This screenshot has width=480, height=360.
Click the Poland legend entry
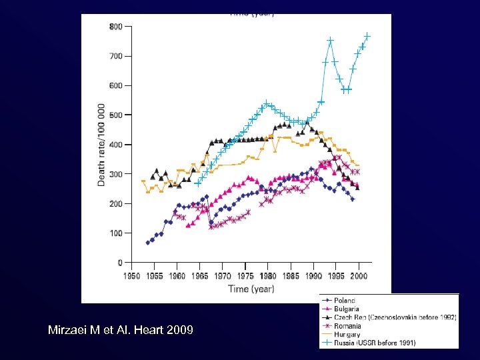(345, 301)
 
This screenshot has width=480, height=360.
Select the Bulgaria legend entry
(346, 309)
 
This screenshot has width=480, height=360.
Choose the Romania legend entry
(347, 326)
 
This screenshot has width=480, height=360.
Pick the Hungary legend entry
(347, 335)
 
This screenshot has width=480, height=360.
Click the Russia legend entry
(374, 343)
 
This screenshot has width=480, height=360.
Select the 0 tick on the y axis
(119, 263)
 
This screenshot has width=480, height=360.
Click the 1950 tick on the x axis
(131, 275)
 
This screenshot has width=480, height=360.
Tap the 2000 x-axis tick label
(359, 275)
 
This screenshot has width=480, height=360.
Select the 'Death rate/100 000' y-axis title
(101, 145)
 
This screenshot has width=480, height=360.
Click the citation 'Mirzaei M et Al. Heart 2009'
(121, 329)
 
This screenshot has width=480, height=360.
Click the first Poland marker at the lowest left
(147, 243)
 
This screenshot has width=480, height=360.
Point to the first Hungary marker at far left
(143, 181)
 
